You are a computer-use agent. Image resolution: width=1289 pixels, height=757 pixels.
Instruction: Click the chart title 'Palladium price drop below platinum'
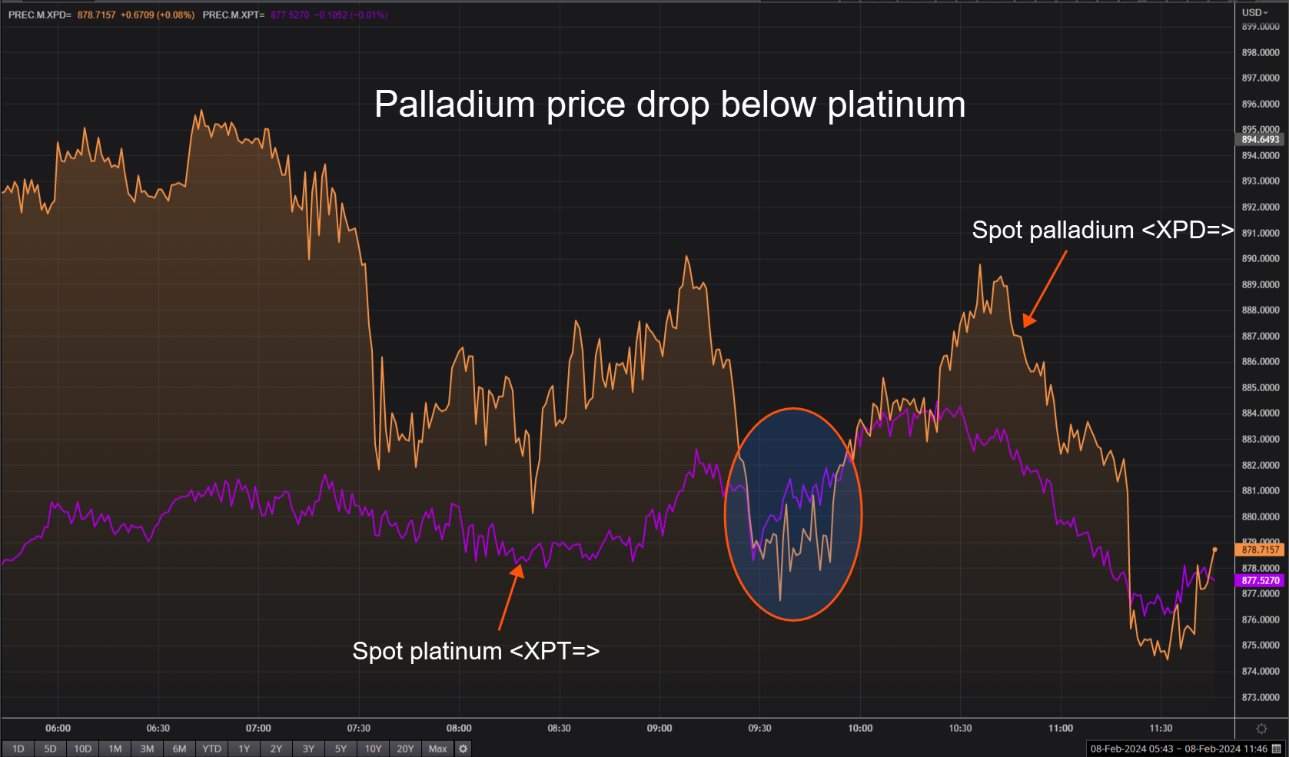(669, 105)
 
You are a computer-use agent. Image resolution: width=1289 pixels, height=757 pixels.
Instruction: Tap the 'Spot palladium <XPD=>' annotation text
(1102, 230)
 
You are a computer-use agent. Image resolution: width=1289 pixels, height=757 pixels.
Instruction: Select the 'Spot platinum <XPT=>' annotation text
(476, 651)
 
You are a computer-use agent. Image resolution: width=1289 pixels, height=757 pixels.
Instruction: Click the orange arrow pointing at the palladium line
(1045, 288)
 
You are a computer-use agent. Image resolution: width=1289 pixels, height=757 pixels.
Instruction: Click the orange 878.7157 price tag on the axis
(1261, 549)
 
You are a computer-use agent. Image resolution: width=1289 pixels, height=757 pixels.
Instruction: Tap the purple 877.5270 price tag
(1261, 581)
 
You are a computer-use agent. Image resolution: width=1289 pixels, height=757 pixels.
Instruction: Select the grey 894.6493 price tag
(1261, 140)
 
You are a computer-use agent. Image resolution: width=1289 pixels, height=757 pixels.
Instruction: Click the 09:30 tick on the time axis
(759, 728)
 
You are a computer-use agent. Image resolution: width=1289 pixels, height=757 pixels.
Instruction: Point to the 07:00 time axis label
(258, 728)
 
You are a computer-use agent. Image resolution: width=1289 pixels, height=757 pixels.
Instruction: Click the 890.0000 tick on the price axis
(1261, 259)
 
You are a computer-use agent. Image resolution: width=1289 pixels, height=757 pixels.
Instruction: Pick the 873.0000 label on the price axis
(1261, 697)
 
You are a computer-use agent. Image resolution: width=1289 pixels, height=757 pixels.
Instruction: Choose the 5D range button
(50, 749)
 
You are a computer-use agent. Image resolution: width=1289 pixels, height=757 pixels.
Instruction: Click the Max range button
(437, 749)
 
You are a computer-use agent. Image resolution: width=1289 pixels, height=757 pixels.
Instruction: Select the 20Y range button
(405, 749)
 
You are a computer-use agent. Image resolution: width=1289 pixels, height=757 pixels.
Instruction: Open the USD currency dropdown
(1255, 12)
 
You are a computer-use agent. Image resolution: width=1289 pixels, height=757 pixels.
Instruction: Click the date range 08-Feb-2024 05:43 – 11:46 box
(1178, 749)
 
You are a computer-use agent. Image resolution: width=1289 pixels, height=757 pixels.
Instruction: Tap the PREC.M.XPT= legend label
(234, 15)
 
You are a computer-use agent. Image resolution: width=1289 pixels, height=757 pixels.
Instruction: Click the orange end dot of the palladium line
(1214, 549)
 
